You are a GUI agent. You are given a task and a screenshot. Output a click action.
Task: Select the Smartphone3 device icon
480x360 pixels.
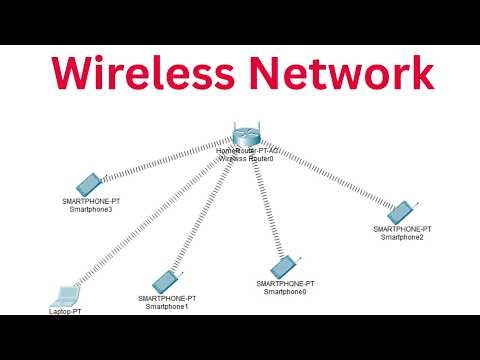(87, 184)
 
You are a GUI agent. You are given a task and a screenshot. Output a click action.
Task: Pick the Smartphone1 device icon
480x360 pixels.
(164, 282)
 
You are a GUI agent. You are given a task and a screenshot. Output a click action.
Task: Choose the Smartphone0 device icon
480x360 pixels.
(283, 266)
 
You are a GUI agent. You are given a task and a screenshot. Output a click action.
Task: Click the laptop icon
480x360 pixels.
(65, 295)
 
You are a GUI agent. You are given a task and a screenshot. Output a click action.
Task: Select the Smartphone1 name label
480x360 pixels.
(167, 306)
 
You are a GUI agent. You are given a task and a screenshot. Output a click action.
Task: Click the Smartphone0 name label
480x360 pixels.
(285, 292)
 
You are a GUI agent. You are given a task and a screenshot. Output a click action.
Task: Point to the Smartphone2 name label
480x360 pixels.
(402, 237)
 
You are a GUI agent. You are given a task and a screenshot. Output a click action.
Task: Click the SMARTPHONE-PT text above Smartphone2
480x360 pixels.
(402, 229)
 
